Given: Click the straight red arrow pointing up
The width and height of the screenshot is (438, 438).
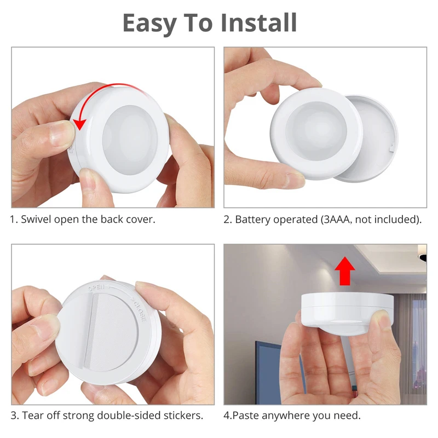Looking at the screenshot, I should pyautogui.click(x=344, y=272).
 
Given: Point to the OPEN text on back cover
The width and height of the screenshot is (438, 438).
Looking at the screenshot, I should pyautogui.click(x=96, y=286).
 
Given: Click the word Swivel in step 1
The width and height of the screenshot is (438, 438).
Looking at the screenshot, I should pyautogui.click(x=38, y=220).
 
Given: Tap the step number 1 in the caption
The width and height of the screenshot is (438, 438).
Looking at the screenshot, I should pyautogui.click(x=13, y=220).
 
